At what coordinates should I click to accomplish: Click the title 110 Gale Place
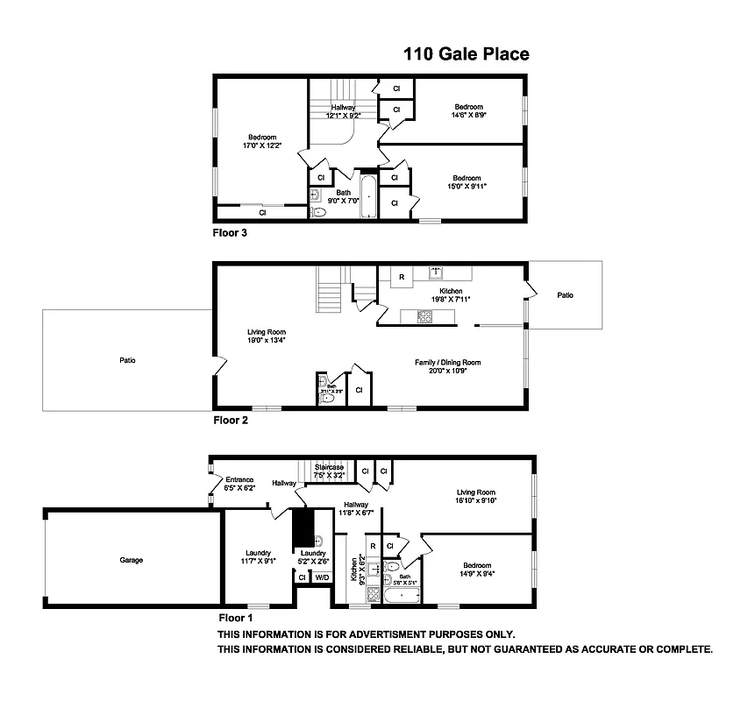pos(466,54)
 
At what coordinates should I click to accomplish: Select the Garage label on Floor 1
pos(132,560)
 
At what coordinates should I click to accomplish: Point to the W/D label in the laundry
pos(322,577)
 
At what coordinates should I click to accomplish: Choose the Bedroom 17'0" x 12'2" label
pos(262,141)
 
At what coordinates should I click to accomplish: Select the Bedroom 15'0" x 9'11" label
pos(467,182)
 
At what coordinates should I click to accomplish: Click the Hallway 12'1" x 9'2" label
pos(343,111)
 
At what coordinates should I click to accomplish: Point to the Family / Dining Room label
pos(447,365)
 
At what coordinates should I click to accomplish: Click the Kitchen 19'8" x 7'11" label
pos(451,295)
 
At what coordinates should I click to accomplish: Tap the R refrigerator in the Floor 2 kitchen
pos(401,277)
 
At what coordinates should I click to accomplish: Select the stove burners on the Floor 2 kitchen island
pos(427,316)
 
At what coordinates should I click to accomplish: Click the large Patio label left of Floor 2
pos(128,360)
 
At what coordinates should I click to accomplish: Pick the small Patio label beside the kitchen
pos(566,295)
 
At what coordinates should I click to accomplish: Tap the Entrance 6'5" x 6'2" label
pos(239,484)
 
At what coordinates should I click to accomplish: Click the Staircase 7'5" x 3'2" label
pos(330,471)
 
